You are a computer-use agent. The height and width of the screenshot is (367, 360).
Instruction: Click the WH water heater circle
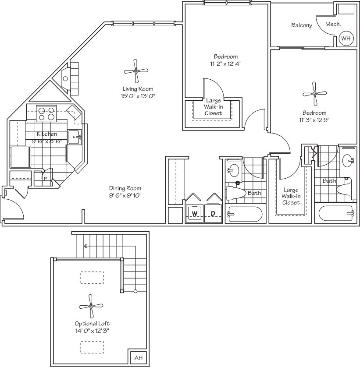(346, 39)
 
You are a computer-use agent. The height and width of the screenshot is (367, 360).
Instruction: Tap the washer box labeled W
(194, 214)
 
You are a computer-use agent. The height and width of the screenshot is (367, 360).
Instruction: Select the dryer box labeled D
(213, 214)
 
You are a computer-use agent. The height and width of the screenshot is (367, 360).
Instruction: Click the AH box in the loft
(139, 358)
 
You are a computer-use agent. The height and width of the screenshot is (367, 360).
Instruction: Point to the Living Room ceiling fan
(136, 71)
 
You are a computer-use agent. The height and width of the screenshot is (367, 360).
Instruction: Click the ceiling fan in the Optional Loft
(91, 306)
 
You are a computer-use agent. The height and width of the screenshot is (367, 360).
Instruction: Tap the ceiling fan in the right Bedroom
(314, 93)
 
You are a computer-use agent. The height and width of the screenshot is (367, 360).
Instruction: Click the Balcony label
(302, 25)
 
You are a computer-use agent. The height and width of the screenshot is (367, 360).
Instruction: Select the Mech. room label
(333, 25)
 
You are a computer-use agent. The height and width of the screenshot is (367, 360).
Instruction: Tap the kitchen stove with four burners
(46, 113)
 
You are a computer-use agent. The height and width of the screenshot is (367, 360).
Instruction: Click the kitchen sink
(74, 136)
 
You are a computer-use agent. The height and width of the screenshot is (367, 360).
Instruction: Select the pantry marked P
(45, 178)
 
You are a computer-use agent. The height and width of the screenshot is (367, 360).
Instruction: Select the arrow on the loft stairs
(85, 246)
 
